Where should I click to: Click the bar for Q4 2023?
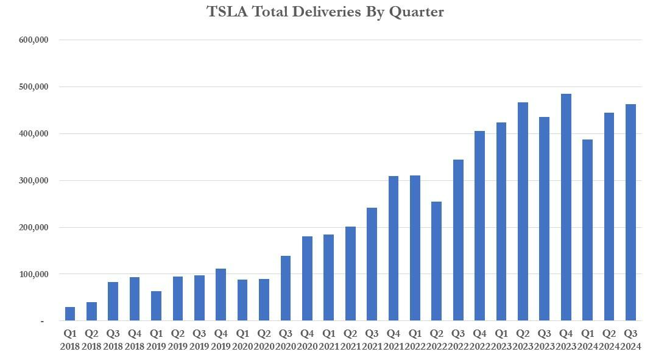(x=566, y=207)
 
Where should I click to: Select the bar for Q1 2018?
(x=70, y=314)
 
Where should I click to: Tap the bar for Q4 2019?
(x=221, y=295)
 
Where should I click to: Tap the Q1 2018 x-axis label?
(x=70, y=339)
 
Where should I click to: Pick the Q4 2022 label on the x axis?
(x=479, y=339)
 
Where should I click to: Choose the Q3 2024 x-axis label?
(x=631, y=339)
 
